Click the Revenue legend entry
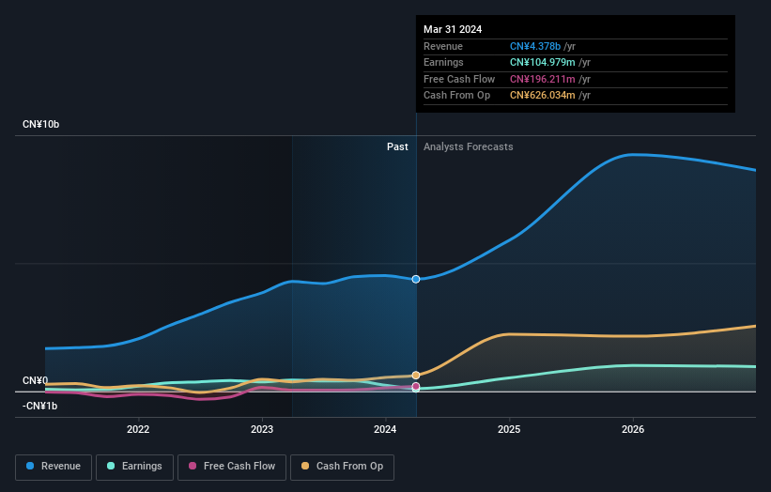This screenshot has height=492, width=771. point(53,466)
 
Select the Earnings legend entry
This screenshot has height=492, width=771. point(134,466)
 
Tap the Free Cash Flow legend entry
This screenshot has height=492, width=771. point(232,466)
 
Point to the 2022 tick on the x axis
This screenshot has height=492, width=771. point(138,429)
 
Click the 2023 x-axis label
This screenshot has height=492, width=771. point(262,429)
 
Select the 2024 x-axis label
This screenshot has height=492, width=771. point(385,429)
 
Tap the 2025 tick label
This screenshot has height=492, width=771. point(509,429)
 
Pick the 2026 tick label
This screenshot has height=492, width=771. point(633,429)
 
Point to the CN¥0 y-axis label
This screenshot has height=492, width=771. point(36,380)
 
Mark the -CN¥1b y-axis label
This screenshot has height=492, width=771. point(41,406)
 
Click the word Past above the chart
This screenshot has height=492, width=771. point(397,146)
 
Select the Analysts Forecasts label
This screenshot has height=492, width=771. point(469,146)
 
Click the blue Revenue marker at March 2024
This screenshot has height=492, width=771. point(416,279)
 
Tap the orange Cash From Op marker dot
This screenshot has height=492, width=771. point(416,375)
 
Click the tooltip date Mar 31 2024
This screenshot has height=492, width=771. point(453,29)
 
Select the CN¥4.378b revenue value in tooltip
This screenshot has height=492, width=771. point(535,46)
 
